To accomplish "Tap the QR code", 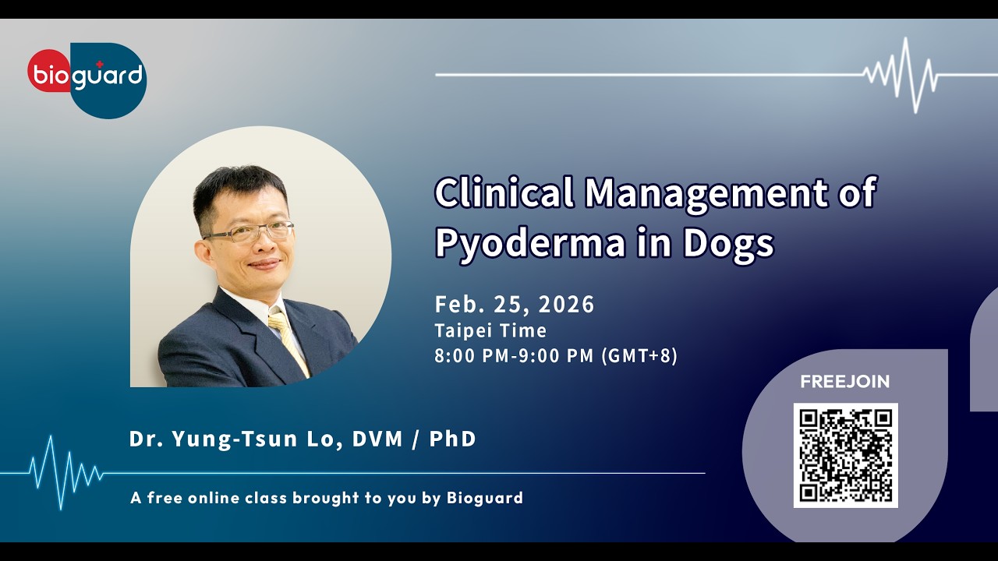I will point(845,455).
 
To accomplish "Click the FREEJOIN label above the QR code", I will point(844,382).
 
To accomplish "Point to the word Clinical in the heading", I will point(504,192).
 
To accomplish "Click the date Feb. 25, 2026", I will point(515,304).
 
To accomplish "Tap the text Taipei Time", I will point(490,330).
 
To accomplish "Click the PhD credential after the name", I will point(452,439).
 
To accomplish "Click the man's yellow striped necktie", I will point(288,339).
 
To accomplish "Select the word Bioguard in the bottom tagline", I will point(484,498).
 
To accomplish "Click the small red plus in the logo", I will point(99,64).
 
